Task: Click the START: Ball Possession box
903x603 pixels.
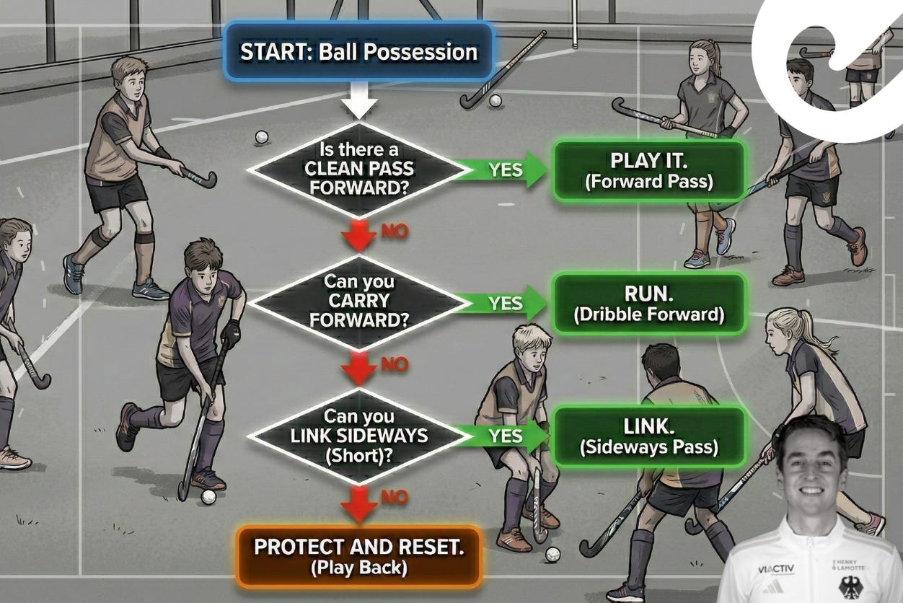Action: tap(358, 51)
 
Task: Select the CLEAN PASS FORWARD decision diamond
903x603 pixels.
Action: tap(358, 169)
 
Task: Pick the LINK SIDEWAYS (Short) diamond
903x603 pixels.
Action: tap(358, 436)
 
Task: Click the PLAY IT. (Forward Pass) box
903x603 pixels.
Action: tap(648, 170)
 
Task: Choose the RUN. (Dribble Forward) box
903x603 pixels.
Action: tap(648, 303)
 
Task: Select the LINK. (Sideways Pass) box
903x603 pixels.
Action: tap(648, 436)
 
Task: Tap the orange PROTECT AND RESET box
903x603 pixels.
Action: tap(358, 555)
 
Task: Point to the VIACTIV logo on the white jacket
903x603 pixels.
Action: tap(776, 569)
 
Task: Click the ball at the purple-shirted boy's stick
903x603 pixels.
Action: tap(208, 497)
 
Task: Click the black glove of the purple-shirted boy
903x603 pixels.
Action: tap(230, 333)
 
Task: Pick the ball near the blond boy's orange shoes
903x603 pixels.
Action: tap(552, 554)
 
